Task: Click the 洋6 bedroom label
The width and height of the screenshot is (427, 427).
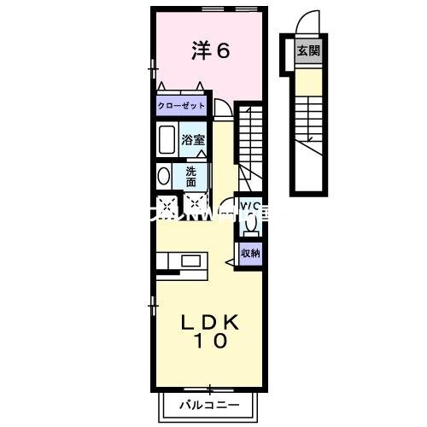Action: pos(209,51)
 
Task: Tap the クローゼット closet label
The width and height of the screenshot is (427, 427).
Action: pos(181,107)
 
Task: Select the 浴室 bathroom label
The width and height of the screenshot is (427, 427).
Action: pos(192,140)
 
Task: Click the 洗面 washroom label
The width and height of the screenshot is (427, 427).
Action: pos(191,176)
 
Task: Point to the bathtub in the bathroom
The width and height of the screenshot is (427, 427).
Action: pos(167,139)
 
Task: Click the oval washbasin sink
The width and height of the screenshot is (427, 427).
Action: pos(164,177)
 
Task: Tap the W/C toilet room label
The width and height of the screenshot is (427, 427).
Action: pos(249,208)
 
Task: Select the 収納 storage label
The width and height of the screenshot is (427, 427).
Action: pos(249,252)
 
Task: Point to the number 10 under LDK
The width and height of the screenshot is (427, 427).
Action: pos(208,342)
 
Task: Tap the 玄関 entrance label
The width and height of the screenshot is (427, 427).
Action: pos(308,50)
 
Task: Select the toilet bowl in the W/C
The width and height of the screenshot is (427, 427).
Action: pos(250,221)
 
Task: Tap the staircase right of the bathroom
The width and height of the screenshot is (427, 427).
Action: pos(249,141)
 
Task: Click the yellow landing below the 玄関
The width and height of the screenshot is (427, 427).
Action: pos(308,80)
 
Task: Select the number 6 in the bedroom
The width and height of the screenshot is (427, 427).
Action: pos(222,51)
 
